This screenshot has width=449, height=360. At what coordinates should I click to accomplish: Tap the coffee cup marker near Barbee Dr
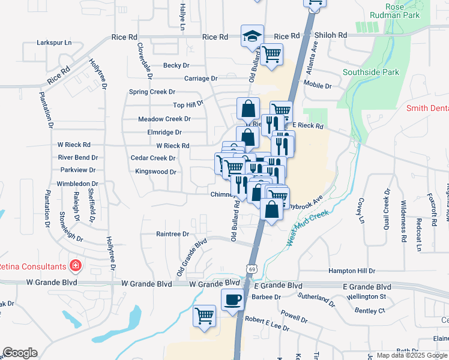[x=232, y=298]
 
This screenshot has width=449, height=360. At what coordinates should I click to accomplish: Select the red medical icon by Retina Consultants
[x=76, y=265]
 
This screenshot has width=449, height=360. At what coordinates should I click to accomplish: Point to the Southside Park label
[x=370, y=73]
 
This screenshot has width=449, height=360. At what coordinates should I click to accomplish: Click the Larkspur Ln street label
[x=53, y=43]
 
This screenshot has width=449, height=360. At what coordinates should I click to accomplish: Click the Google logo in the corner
[x=20, y=353]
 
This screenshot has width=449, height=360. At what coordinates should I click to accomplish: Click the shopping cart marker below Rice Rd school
[x=272, y=54]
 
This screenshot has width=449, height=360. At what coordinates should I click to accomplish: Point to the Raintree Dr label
[x=172, y=234]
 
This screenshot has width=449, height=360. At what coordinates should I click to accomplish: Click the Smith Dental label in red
[x=427, y=109]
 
